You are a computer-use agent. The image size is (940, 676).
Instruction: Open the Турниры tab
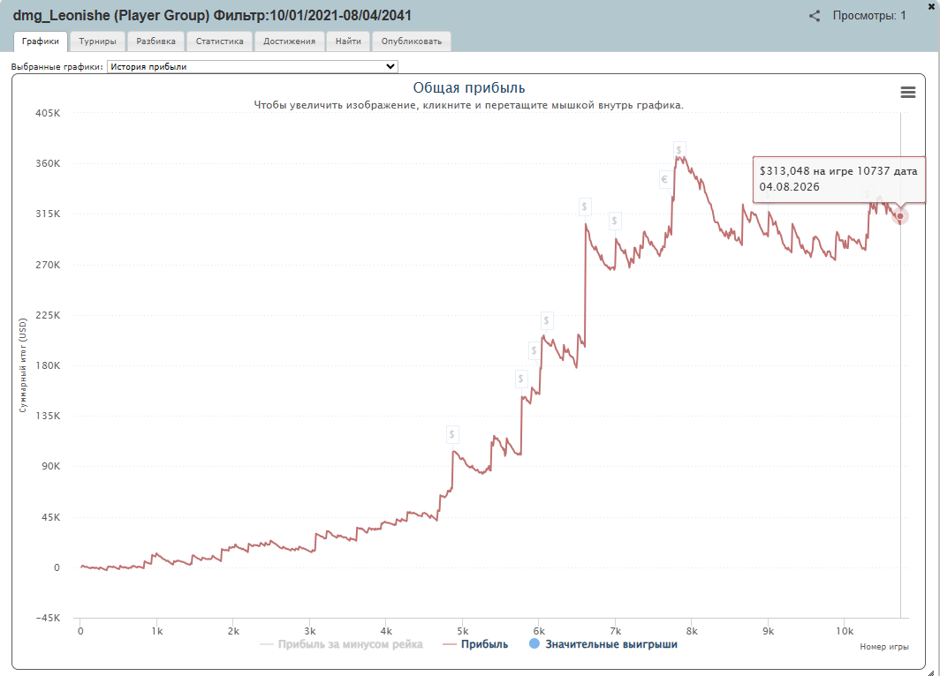[x=98, y=41]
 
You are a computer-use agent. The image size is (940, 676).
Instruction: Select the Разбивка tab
[x=155, y=41]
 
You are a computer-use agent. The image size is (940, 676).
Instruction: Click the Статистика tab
[x=219, y=41]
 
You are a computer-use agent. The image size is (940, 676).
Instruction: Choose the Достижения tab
[x=289, y=41]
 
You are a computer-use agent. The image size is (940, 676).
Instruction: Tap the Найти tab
[x=348, y=41]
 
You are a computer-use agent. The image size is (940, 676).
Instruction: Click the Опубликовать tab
[x=412, y=41]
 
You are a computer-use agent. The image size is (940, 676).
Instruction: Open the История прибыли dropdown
[x=253, y=66]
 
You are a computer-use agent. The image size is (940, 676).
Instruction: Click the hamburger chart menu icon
[x=907, y=92]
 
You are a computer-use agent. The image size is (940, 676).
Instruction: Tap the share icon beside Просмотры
[x=815, y=16]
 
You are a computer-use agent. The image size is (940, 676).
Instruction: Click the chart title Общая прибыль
[x=469, y=87]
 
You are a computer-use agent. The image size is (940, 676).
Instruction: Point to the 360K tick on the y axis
[x=48, y=163]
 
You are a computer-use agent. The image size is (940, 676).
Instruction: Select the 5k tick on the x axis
[x=463, y=631]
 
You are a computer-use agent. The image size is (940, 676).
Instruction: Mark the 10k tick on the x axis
[x=844, y=631]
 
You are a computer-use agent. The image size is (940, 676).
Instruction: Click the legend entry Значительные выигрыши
[x=603, y=644]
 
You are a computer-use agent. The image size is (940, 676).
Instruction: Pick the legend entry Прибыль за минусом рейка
[x=341, y=644]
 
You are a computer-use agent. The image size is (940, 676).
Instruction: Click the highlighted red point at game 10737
[x=900, y=216]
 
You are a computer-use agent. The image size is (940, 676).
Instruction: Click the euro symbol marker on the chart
[x=664, y=179]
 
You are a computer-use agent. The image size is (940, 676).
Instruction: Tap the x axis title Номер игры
[x=884, y=647]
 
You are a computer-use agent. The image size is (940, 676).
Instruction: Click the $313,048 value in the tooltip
[x=785, y=171]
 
